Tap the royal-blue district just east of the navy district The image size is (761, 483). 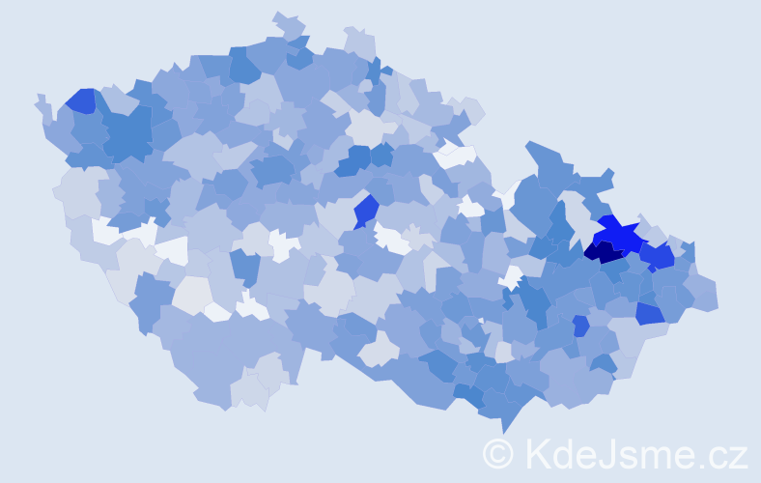pyautogui.click(x=659, y=256)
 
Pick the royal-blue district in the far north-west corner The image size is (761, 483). pyautogui.click(x=80, y=100)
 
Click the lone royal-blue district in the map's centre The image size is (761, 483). pyautogui.click(x=366, y=210)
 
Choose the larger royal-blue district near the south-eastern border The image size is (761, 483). pyautogui.click(x=649, y=313)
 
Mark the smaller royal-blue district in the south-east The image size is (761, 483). pyautogui.click(x=580, y=326)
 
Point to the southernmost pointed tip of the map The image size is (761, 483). pyautogui.click(x=503, y=431)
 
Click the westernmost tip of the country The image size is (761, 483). pyautogui.click(x=40, y=98)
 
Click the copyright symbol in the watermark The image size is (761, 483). pyautogui.click(x=497, y=453)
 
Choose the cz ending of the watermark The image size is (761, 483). pyautogui.click(x=726, y=456)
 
